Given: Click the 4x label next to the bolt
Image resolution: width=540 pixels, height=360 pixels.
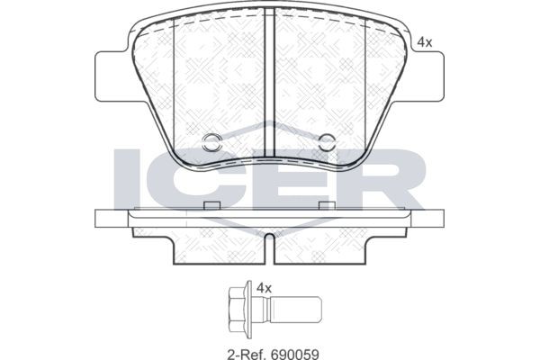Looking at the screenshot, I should (264, 288).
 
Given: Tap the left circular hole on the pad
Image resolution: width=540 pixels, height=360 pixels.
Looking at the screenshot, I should (212, 140).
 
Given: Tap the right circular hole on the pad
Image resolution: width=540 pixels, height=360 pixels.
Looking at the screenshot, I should (328, 140).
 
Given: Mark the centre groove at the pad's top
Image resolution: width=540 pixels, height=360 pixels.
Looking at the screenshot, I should (269, 36).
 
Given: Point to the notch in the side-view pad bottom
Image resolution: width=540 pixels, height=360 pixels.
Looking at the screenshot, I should (270, 242).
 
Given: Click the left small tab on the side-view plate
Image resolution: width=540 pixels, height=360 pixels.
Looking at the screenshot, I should (212, 206).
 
